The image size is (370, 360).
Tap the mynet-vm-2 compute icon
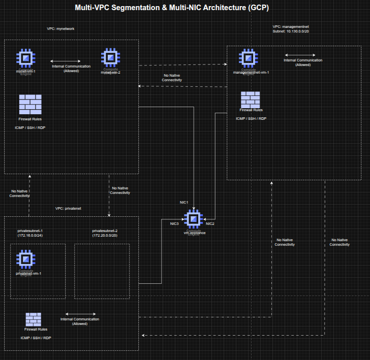click(110, 57)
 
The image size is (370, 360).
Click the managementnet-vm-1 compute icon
click(248, 58)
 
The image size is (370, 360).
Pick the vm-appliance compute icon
click(194, 220)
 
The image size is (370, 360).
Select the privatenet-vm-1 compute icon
click(25, 259)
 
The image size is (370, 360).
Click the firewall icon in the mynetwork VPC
click(30, 104)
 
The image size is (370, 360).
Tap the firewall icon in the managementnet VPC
click(251, 100)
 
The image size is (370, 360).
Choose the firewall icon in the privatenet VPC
click(34, 319)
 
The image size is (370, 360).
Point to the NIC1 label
click(184, 202)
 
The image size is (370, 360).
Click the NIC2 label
click(210, 223)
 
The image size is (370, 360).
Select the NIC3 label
click(174, 223)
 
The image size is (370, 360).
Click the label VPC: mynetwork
click(60, 29)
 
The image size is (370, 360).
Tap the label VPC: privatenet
click(69, 208)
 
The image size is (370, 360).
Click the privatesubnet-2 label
click(105, 231)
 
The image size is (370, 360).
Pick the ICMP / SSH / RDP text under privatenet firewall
click(36, 338)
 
